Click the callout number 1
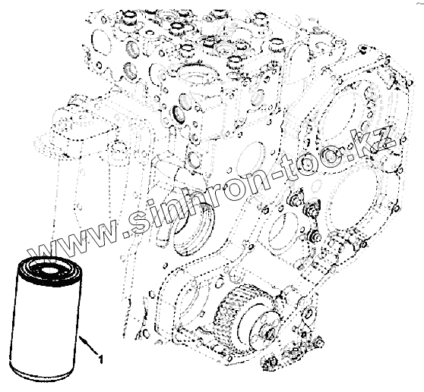100,359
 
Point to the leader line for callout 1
88,345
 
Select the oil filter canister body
46,319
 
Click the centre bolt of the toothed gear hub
267,332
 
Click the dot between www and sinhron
125,235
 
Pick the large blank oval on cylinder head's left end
102,42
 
